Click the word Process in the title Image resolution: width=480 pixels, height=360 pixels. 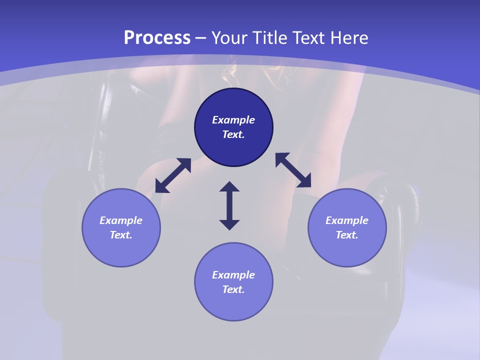pos(157,38)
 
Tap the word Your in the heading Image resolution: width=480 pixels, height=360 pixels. pos(230,38)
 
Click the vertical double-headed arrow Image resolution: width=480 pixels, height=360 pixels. pos(229,205)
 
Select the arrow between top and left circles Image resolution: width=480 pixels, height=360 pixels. pos(173,175)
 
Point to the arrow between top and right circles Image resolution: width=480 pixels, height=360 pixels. pos(293,170)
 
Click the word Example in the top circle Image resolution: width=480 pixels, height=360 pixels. pos(233,120)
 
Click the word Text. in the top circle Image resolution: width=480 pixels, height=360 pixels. pos(233,134)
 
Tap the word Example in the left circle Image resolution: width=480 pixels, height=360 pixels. pos(121,220)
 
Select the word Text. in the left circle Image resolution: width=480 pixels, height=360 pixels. pos(121,235)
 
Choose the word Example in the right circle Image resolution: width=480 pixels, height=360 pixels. pos(347,220)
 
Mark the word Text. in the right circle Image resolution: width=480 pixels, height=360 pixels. pos(347,235)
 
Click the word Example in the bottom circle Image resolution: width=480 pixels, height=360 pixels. pos(233,275)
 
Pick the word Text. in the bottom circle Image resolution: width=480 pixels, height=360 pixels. pos(233,289)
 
